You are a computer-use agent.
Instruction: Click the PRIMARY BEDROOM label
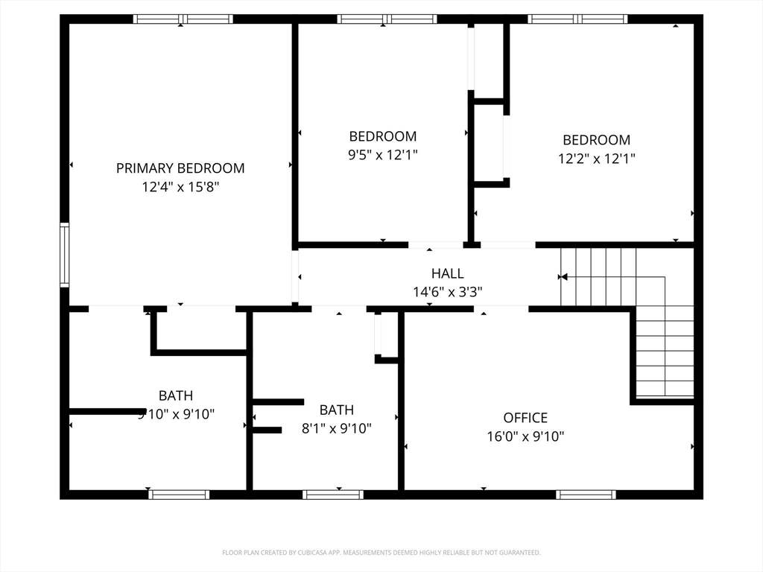click(x=180, y=168)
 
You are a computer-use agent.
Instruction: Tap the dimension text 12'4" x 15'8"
click(x=180, y=187)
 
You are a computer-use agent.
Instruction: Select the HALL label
click(x=447, y=273)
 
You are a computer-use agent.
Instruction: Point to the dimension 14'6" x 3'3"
click(x=447, y=292)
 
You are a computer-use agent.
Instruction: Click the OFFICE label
click(x=525, y=418)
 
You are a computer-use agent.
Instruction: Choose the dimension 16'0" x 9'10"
click(x=525, y=436)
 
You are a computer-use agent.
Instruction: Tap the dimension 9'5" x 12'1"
click(x=384, y=155)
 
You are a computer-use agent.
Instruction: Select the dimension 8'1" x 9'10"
click(x=336, y=428)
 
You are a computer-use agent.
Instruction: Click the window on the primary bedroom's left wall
click(x=65, y=255)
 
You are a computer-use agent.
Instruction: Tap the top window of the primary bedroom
click(x=183, y=19)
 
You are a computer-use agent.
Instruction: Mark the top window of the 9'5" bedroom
click(x=387, y=19)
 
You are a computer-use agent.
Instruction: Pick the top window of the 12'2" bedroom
click(x=577, y=19)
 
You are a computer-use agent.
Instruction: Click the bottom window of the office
click(x=586, y=495)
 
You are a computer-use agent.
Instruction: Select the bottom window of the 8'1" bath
click(x=333, y=495)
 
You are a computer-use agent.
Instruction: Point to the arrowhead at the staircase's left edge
click(x=563, y=277)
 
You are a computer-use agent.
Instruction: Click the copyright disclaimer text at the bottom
click(x=381, y=553)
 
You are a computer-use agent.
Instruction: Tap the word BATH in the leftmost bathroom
click(x=176, y=395)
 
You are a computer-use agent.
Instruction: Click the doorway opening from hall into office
click(x=501, y=308)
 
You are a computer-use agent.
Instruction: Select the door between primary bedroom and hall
click(x=295, y=276)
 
